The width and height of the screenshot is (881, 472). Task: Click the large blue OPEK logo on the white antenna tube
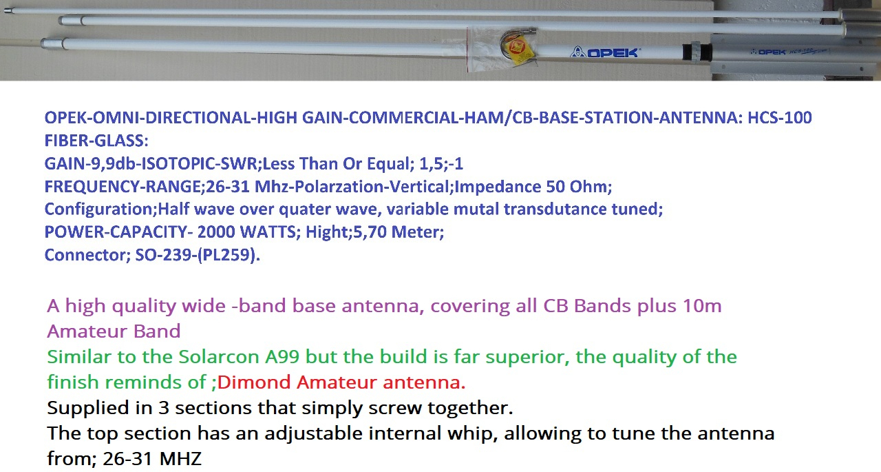(x=604, y=52)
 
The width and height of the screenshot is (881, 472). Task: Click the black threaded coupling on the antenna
(x=697, y=52)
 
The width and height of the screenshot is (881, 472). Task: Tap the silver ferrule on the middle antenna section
(x=71, y=20)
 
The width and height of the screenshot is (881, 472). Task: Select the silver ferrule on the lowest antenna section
(x=52, y=43)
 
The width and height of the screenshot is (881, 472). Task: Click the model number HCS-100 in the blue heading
(x=780, y=118)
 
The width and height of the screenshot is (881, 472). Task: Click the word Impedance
(x=497, y=186)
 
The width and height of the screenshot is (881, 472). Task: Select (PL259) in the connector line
(x=226, y=255)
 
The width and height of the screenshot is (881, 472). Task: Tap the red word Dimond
(x=254, y=382)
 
